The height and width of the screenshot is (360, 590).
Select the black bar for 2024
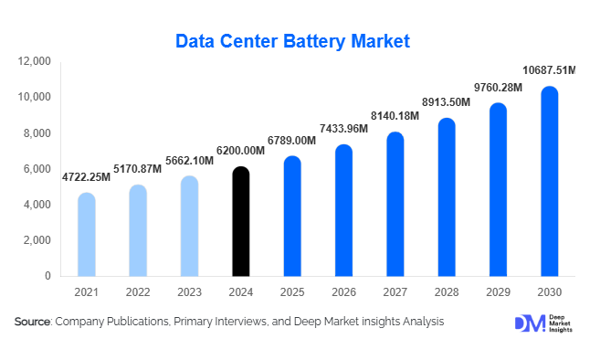[x=240, y=221]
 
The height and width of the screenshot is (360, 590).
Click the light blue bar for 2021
[x=86, y=234]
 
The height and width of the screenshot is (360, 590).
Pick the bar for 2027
[x=395, y=204]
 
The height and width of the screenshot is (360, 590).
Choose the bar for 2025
[x=291, y=216]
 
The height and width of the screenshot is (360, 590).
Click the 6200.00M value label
[x=240, y=150]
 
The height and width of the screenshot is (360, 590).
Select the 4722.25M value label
[x=86, y=176]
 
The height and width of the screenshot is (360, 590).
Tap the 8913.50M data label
[x=446, y=101]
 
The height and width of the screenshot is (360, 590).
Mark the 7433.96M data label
[x=343, y=128]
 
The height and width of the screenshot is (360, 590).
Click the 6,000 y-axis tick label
[x=37, y=169]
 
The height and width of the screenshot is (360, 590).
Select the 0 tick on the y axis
[x=48, y=276]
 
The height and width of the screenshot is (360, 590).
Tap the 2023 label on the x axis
[x=189, y=292]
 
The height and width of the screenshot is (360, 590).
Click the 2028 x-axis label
[x=446, y=292]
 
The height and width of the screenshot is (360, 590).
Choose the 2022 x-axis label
[x=137, y=292]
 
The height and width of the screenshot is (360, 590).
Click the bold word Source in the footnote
[x=32, y=322]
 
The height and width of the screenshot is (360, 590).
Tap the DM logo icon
[x=529, y=323]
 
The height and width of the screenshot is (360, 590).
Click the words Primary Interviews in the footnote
[x=223, y=322]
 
